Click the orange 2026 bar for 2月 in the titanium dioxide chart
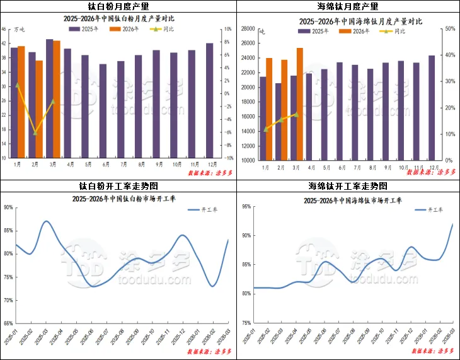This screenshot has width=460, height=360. tap(39, 109)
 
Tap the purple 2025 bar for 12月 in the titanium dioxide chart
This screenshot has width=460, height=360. tap(209, 101)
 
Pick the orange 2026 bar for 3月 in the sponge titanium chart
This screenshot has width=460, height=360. tap(300, 104)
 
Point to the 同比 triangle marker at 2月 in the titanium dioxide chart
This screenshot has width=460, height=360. tap(35, 133)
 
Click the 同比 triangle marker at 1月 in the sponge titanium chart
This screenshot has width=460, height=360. tap(266, 129)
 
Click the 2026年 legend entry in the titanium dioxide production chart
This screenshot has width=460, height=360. tap(126, 30)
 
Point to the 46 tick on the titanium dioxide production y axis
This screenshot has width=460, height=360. tap(4, 29)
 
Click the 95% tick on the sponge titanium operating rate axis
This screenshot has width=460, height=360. tap(246, 206)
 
